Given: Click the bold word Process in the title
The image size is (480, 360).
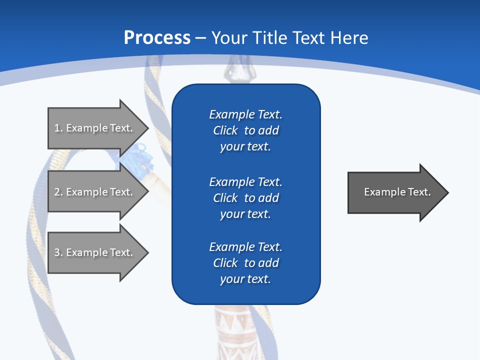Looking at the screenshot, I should [x=157, y=38].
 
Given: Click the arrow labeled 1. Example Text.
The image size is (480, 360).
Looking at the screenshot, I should [x=95, y=128].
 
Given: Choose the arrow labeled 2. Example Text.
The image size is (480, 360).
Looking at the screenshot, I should [x=95, y=192].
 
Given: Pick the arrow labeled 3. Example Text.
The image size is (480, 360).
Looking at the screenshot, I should [x=95, y=252].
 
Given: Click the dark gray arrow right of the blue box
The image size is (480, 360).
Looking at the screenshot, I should [x=395, y=192].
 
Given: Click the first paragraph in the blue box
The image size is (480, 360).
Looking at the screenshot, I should [x=245, y=130].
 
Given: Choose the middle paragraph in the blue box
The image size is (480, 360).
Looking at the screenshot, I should [x=245, y=198].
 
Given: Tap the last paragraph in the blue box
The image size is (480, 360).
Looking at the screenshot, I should [x=245, y=263].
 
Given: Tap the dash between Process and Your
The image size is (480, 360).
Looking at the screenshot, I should [x=200, y=38].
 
